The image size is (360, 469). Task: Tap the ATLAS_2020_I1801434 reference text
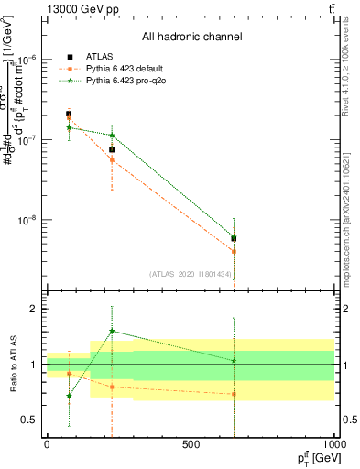pos(191,274)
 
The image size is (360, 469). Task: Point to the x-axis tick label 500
pos(191,444)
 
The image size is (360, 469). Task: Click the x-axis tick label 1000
pos(332,444)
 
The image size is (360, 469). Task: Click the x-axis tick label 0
pos(47,444)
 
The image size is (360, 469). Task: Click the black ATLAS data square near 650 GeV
pos(234,238)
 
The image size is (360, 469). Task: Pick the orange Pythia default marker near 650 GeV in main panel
pos(234,251)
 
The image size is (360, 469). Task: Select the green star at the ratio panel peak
pos(112,331)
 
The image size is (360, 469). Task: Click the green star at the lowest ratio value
pos(69,397)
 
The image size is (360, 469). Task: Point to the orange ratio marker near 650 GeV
pos(234,394)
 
